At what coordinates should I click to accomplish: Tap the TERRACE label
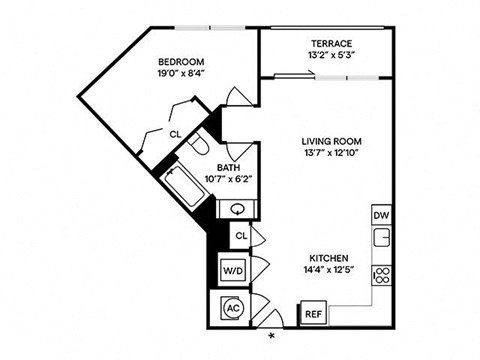[330, 44]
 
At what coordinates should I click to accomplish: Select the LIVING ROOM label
[330, 141]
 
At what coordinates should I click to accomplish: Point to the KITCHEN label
[330, 256]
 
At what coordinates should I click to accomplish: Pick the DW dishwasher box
[381, 215]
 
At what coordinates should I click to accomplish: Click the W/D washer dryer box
[233, 270]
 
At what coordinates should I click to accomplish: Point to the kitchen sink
[381, 239]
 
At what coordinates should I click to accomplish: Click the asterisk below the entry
[270, 337]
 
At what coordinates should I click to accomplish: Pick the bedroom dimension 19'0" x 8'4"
[181, 73]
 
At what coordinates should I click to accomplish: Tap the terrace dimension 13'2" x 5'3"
[330, 57]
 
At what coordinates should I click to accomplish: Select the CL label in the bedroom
[175, 133]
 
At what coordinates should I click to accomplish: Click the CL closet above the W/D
[240, 235]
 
